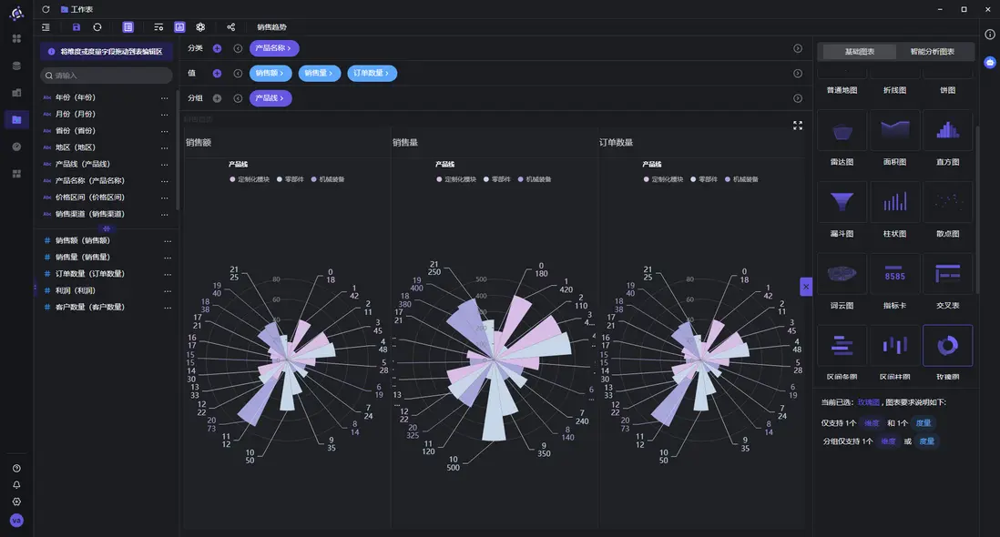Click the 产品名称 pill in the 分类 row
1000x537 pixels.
(273, 48)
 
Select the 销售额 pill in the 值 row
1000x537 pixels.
(270, 73)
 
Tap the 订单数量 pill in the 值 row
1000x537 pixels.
(372, 73)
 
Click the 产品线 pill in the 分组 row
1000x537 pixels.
(270, 98)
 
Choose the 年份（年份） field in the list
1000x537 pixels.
(76, 97)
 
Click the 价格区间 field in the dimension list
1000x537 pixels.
(89, 197)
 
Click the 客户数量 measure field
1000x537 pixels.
(89, 307)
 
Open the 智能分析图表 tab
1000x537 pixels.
(933, 52)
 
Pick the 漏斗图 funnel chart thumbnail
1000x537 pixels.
(842, 202)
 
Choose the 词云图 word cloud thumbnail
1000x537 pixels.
(842, 274)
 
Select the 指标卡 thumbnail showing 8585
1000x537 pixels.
(895, 274)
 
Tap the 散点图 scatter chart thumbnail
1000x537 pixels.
(947, 202)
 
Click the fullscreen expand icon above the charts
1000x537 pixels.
(798, 126)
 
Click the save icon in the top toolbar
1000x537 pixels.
(77, 27)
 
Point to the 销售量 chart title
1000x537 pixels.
(405, 143)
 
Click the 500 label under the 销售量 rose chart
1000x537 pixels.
(453, 468)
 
